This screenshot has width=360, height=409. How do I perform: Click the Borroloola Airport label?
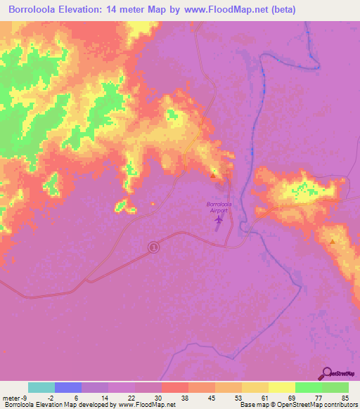[x=219, y=207]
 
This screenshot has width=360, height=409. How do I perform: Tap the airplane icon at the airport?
[x=218, y=221]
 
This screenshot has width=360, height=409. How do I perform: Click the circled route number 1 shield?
[x=153, y=247]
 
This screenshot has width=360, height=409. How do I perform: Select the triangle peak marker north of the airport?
[x=213, y=174]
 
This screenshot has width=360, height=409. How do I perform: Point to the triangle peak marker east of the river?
[x=332, y=242]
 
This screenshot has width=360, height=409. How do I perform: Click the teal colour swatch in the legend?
[x=41, y=387]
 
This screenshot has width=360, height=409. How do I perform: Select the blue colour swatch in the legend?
[x=67, y=387]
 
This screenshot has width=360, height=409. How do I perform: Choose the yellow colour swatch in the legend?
[x=281, y=387]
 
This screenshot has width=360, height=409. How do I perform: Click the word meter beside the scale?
[x=10, y=397]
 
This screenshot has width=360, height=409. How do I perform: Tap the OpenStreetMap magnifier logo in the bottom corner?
[x=326, y=373]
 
